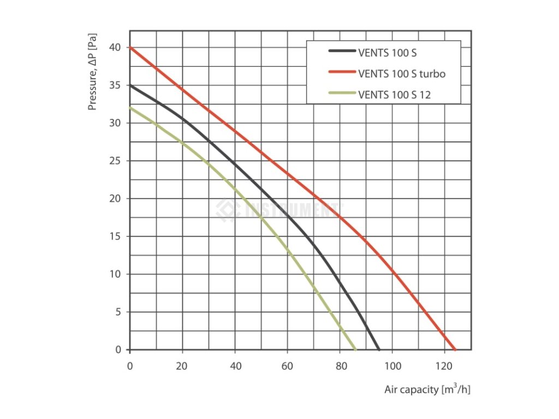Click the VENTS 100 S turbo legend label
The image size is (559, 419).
tap(401, 73)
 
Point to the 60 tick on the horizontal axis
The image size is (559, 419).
tap(287, 366)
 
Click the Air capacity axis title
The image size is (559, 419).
tap(426, 390)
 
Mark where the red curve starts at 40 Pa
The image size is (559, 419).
tap(130, 47)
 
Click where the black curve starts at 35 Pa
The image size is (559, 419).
tap(130, 85)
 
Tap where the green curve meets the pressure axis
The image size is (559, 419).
tap(130, 107)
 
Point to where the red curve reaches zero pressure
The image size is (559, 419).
tap(455, 349)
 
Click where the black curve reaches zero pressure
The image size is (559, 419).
tap(379, 349)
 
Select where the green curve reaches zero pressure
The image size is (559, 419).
tap(355, 349)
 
